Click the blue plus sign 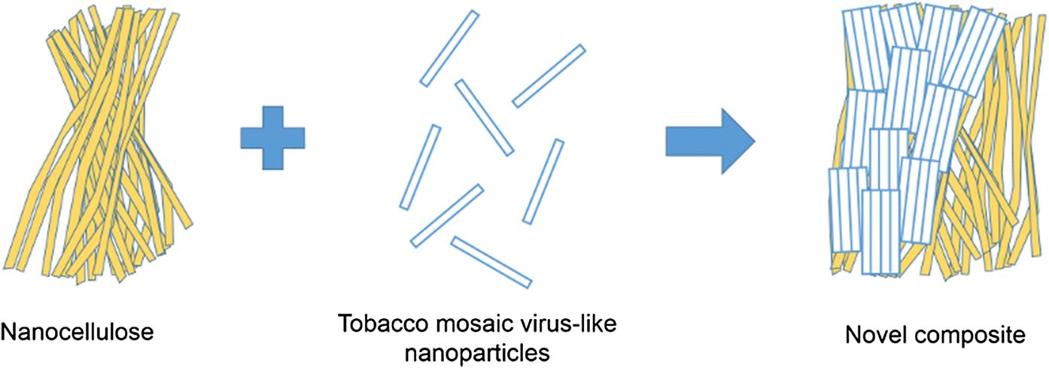(272, 138)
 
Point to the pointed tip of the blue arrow (753, 140)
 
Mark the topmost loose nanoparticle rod (449, 47)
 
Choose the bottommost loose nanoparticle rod (491, 262)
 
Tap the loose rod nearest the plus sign (420, 167)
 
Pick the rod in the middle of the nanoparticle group (484, 118)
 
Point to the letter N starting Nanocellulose (9, 331)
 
